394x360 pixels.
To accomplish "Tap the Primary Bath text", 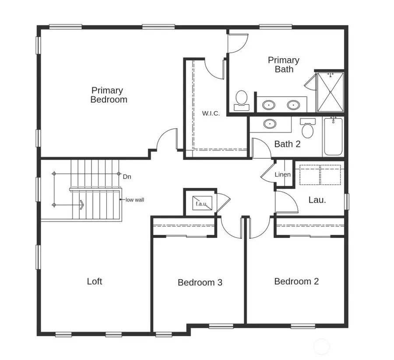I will [x=284, y=64].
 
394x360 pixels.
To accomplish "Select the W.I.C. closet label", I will [x=211, y=113].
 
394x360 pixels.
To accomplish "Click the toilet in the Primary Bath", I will [x=241, y=100].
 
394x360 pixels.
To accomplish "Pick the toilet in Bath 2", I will [x=308, y=128].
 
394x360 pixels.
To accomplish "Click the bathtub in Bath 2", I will [x=333, y=136].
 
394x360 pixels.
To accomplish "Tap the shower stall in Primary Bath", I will [x=330, y=92].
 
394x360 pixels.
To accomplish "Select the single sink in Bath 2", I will [x=270, y=124].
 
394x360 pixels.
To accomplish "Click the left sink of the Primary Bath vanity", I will [x=269, y=105].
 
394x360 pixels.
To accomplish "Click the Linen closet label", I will [x=282, y=175].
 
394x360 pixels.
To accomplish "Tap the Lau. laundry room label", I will [x=317, y=200].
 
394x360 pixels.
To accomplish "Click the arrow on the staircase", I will [x=81, y=205].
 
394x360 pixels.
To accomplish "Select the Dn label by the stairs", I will [x=127, y=177].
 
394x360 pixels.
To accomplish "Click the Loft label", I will [x=94, y=281].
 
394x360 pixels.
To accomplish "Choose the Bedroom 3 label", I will [x=200, y=283].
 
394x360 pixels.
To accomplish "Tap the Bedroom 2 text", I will [x=296, y=281].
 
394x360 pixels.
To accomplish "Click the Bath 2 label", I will [x=287, y=144].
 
